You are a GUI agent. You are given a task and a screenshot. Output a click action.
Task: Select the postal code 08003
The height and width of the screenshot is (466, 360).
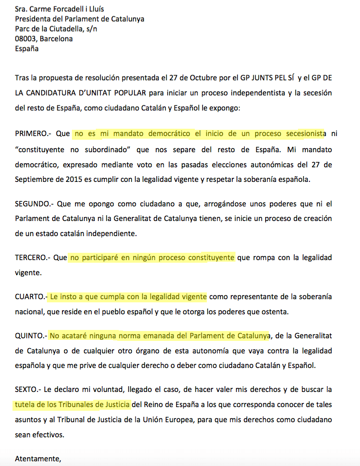click(26, 39)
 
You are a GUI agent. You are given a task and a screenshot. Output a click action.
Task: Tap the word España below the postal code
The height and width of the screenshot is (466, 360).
click(27, 48)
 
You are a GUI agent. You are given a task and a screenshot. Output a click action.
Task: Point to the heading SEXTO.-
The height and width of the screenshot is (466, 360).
click(28, 389)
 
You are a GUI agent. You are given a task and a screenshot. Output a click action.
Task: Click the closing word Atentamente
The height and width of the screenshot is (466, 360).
click(38, 459)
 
